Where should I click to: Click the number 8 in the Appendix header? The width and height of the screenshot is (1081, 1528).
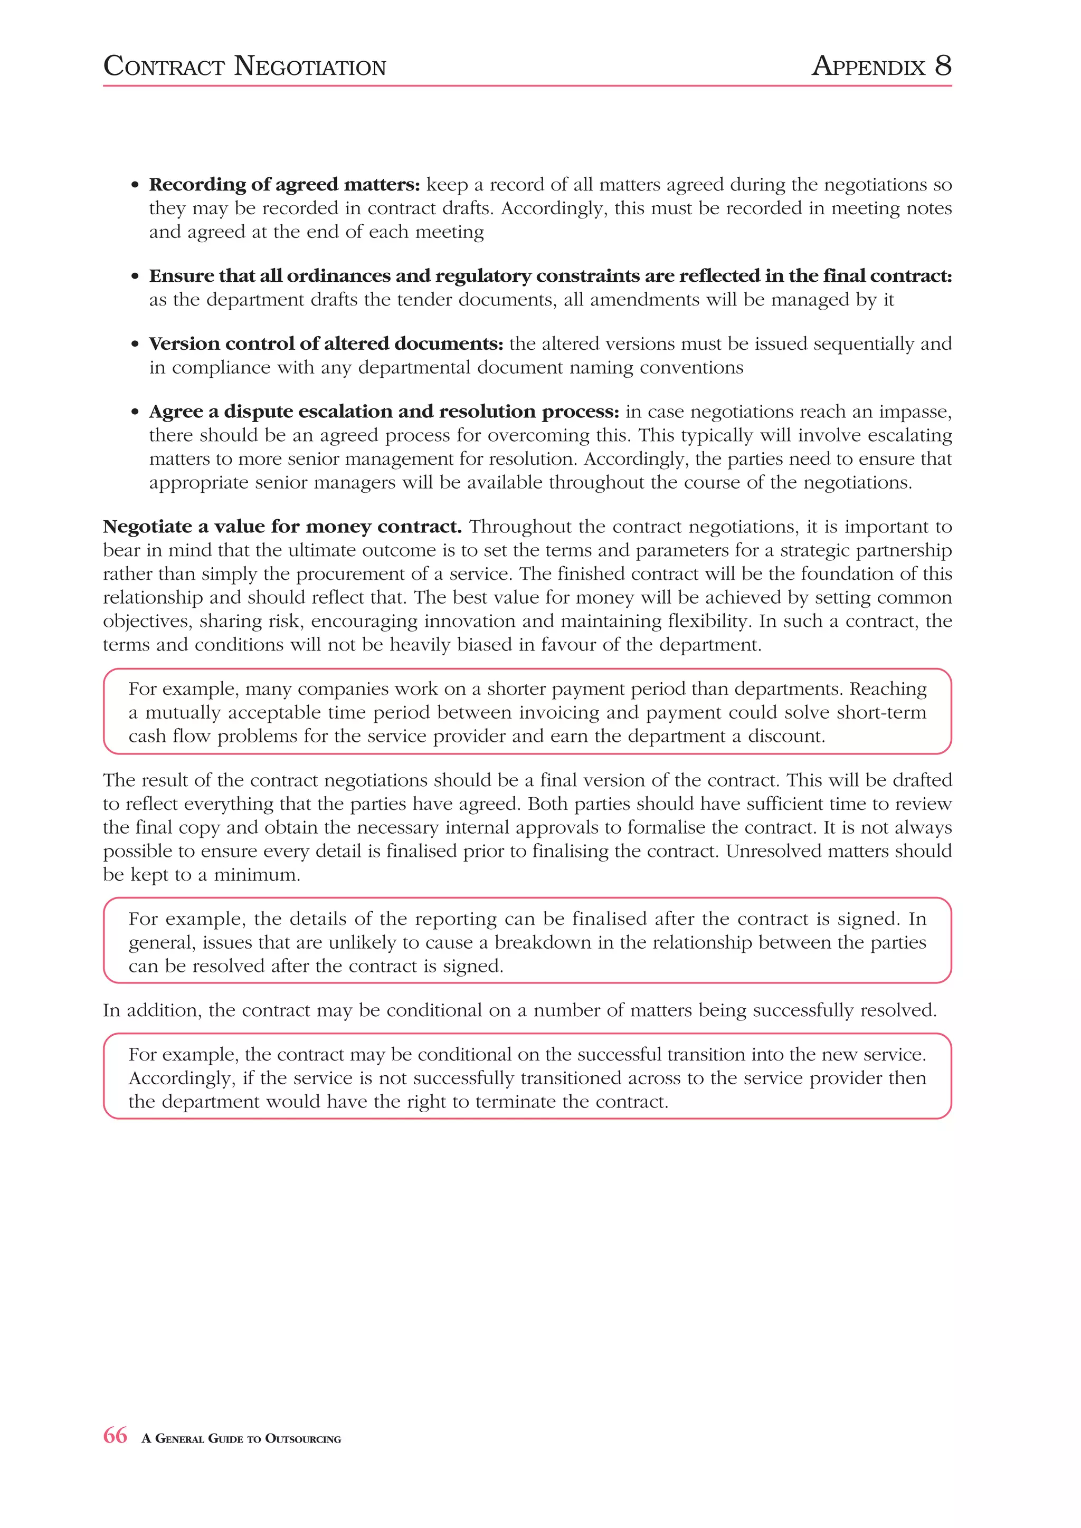tap(943, 66)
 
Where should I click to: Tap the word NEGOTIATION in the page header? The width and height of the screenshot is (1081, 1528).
tap(310, 66)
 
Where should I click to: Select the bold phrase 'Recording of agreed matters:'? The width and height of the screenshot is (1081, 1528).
tap(284, 184)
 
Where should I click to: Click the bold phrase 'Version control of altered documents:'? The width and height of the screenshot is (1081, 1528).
tap(326, 344)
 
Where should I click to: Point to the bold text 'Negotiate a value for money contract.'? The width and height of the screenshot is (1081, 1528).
tap(282, 527)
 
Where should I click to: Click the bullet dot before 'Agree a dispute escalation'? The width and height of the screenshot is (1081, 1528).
tap(135, 413)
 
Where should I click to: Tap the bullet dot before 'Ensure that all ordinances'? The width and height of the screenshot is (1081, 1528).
tap(135, 277)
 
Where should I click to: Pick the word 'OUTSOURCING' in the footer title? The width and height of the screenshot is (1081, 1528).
tap(303, 1439)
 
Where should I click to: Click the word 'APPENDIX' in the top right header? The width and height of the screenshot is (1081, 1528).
tap(869, 66)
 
